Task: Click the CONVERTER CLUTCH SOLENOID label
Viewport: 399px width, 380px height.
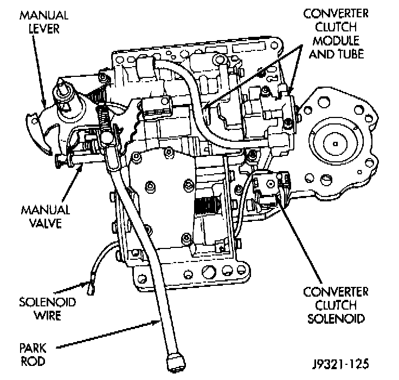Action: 336,305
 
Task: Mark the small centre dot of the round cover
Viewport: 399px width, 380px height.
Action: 337,142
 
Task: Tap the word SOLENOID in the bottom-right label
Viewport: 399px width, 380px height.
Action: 336,318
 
